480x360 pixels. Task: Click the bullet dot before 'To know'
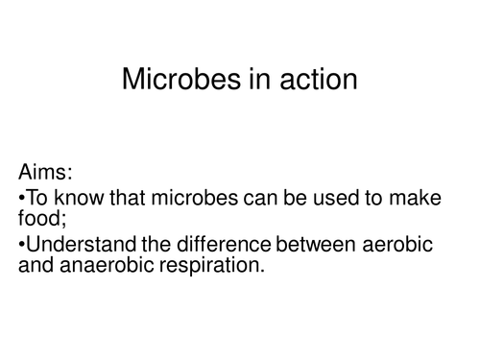pos(21,200)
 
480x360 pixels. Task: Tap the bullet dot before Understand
pos(21,247)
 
